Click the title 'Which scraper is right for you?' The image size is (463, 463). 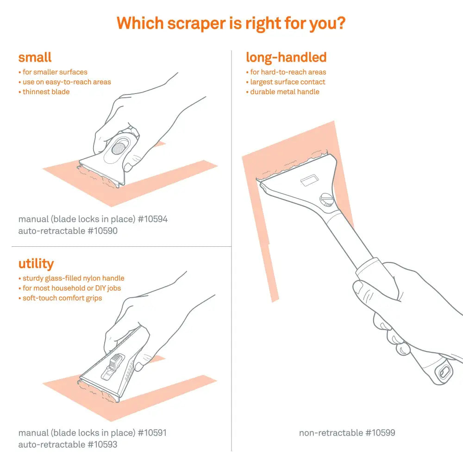tap(231, 23)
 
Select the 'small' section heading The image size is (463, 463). tap(35, 58)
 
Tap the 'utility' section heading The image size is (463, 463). tap(36, 264)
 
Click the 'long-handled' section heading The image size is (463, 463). tap(286, 57)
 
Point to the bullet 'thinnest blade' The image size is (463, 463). tap(46, 92)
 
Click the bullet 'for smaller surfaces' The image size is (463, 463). tap(55, 72)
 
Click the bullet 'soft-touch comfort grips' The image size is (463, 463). tap(62, 298)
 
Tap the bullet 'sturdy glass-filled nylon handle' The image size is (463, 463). tap(73, 278)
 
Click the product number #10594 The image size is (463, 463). tap(151, 219)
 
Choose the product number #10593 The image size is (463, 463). tap(102, 444)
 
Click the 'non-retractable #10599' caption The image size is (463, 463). tap(347, 433)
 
